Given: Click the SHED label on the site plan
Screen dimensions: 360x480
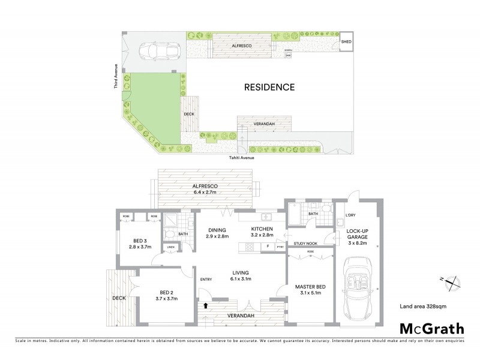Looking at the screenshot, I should [x=346, y=42].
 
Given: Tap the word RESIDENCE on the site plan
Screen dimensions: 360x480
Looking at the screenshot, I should [x=269, y=87].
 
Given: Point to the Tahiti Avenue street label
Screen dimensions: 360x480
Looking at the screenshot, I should [x=241, y=158].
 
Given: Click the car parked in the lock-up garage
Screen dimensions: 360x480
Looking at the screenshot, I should [x=357, y=288].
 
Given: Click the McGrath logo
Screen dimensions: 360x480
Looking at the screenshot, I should [x=432, y=328].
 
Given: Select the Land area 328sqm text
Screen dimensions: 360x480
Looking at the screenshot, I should [x=423, y=307].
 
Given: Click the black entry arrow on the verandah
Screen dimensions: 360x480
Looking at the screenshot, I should [x=206, y=305].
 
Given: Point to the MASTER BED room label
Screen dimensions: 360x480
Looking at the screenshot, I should [x=310, y=287].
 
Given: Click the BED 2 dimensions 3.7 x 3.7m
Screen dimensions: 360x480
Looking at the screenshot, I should [x=166, y=298].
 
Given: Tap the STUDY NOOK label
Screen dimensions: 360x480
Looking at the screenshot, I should [x=306, y=243].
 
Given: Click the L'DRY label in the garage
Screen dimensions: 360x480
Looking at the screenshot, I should [x=351, y=215].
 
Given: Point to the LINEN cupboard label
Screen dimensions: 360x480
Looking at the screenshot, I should [x=170, y=247].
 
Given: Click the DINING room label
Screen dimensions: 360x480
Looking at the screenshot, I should [x=217, y=230].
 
